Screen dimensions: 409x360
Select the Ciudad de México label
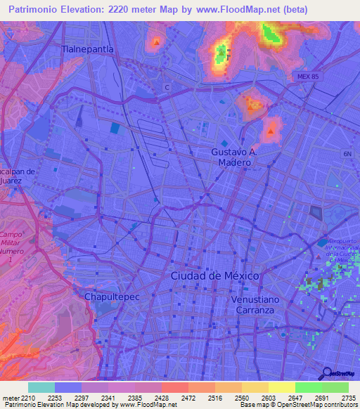point(215,275)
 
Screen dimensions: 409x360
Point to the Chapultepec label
point(112,297)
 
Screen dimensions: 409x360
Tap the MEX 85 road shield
point(308,76)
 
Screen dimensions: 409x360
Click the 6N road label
point(347,154)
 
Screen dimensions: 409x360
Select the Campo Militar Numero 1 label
point(10,247)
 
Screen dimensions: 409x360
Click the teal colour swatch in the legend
point(41,387)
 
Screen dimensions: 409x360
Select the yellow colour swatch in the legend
point(281,387)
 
